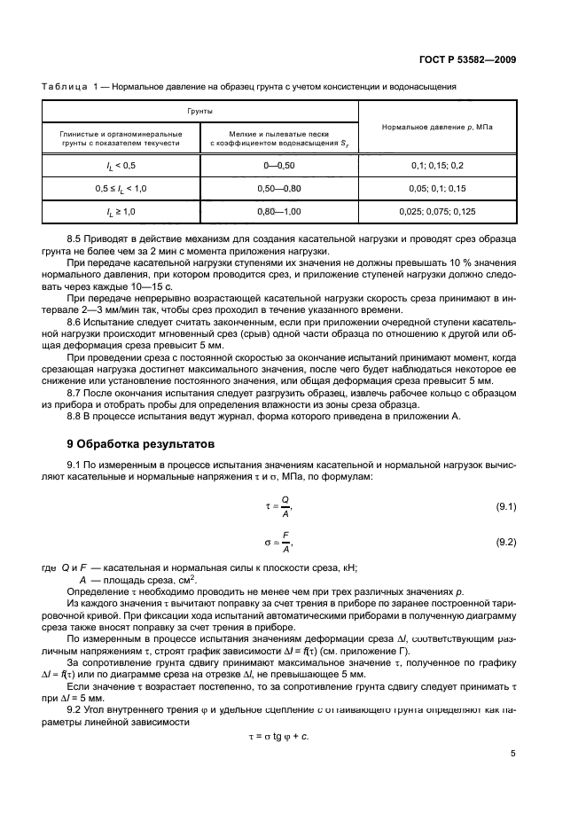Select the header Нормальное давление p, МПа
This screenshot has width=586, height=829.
(437, 127)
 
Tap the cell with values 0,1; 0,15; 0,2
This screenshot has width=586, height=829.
(437, 166)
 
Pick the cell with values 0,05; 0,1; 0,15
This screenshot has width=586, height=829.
(437, 188)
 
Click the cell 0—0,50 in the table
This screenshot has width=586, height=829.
(279, 166)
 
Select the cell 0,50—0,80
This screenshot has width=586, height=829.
(279, 188)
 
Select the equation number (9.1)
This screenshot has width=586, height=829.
(505, 506)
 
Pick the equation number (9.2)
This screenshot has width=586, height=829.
(505, 541)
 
